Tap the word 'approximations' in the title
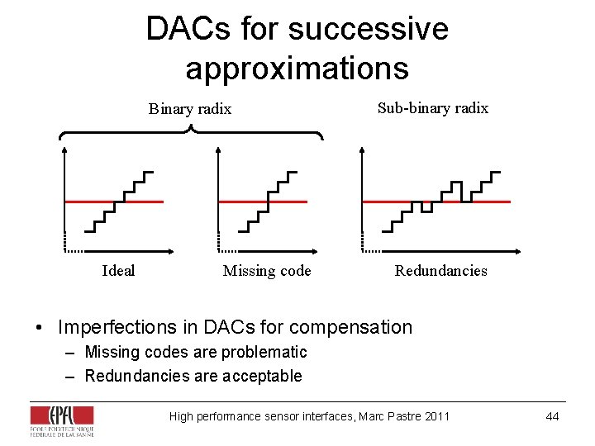pos(297,68)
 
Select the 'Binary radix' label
pos(190,109)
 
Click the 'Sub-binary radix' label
pos(433,108)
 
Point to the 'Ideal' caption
pos(118,271)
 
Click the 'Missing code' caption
pos(267,271)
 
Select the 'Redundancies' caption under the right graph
pos(440,271)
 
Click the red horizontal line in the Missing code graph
pos(240,202)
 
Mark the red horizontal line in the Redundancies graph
pos(388,202)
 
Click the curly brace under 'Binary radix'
pos(191,130)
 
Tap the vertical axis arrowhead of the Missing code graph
pos(217,151)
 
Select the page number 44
pos(552,416)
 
